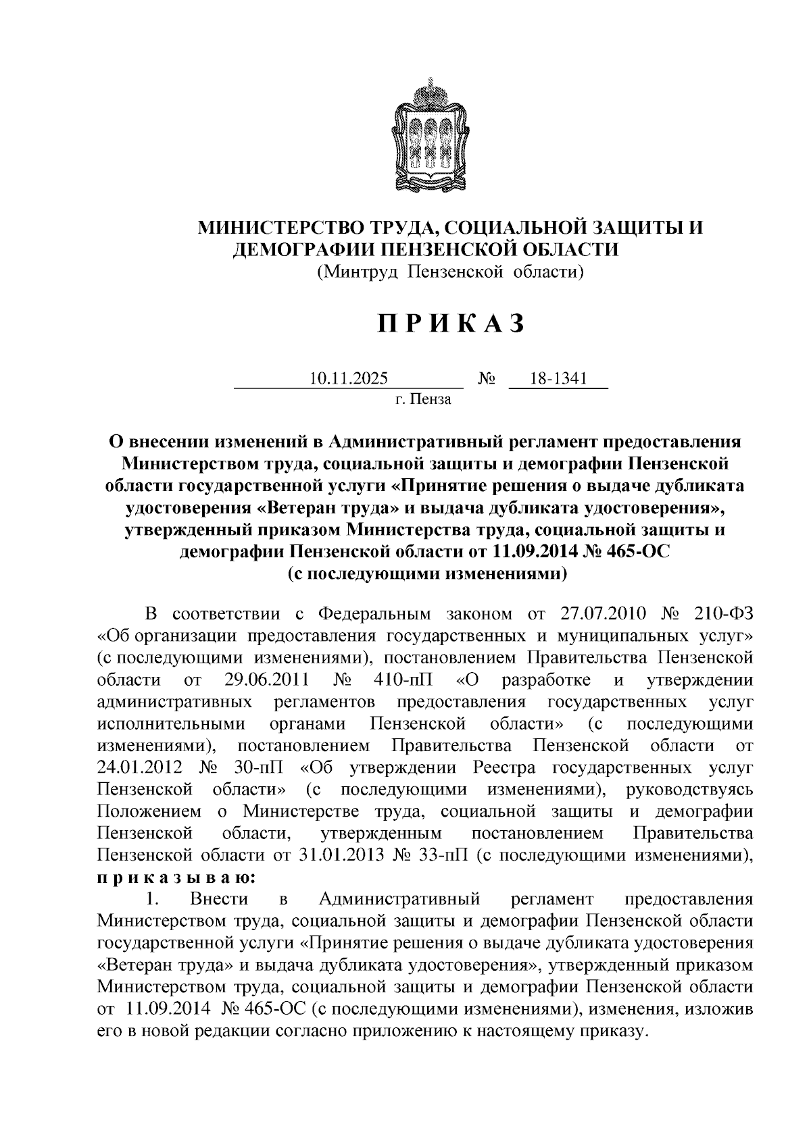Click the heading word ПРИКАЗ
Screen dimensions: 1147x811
coord(451,324)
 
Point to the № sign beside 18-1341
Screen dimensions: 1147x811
coord(487,379)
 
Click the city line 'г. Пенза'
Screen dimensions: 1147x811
coord(423,399)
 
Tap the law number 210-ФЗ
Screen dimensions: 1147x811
coord(723,614)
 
